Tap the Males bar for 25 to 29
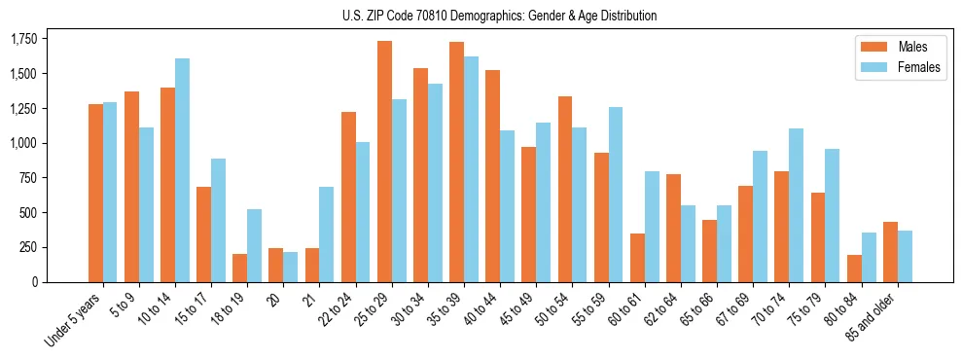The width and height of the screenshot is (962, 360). tap(384, 162)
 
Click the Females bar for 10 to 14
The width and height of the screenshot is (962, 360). tap(182, 170)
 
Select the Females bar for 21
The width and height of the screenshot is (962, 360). tap(326, 234)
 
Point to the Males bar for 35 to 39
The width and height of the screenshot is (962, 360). tap(456, 162)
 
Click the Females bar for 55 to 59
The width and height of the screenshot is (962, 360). tap(615, 195)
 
